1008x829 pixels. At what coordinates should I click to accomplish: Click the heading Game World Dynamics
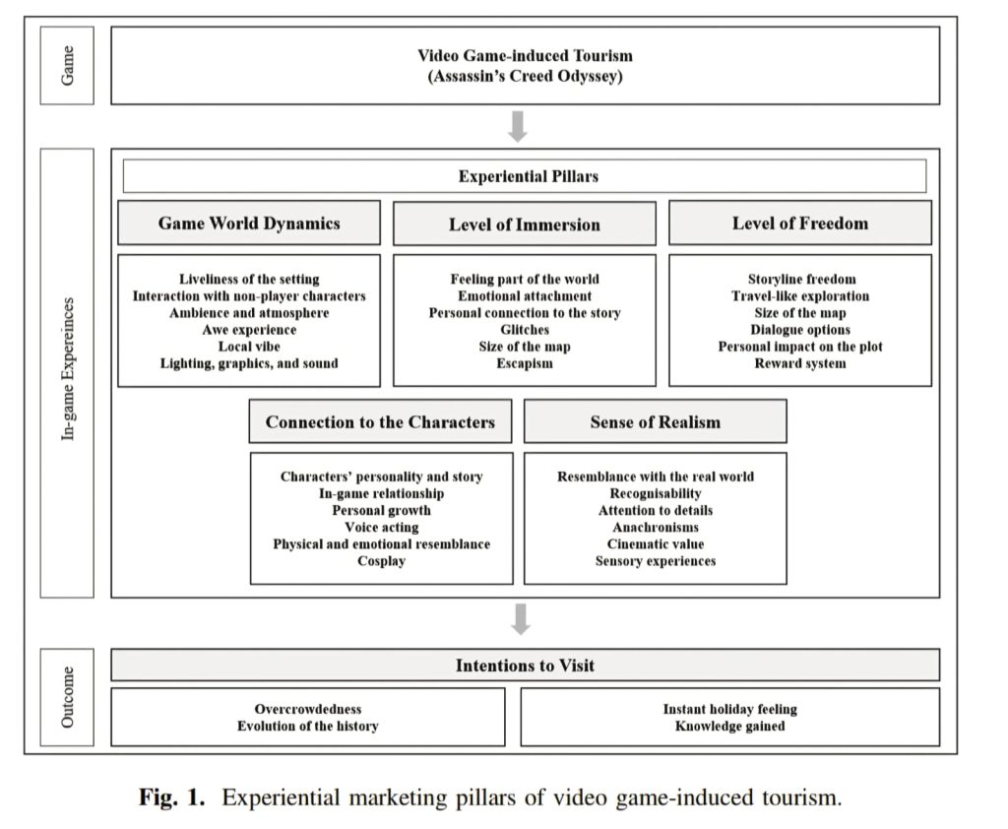pyautogui.click(x=249, y=223)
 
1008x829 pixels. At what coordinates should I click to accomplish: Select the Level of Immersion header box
pyautogui.click(x=524, y=224)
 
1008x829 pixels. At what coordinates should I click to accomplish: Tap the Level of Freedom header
pyautogui.click(x=799, y=223)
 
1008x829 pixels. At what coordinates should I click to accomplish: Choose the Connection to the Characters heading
pyautogui.click(x=380, y=422)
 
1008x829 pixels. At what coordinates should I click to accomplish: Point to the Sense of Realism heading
pyautogui.click(x=655, y=422)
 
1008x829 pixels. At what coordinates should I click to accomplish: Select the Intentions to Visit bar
pyautogui.click(x=525, y=666)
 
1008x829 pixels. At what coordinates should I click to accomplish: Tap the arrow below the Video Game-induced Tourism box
pyautogui.click(x=519, y=126)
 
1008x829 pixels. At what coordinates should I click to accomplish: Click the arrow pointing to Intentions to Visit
pyautogui.click(x=522, y=618)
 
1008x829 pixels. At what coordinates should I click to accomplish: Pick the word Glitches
pyautogui.click(x=524, y=330)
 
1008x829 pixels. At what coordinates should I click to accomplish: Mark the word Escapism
pyautogui.click(x=524, y=363)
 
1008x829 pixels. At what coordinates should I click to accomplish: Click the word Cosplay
pyautogui.click(x=381, y=561)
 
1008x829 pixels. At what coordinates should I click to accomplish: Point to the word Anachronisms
pyautogui.click(x=655, y=528)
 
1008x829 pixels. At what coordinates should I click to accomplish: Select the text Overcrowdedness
pyautogui.click(x=307, y=709)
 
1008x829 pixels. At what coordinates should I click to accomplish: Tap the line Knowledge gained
pyautogui.click(x=729, y=727)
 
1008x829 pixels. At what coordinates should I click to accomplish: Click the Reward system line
pyautogui.click(x=799, y=363)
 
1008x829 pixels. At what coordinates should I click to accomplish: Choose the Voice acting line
pyautogui.click(x=381, y=528)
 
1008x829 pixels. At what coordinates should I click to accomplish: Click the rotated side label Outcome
pyautogui.click(x=67, y=698)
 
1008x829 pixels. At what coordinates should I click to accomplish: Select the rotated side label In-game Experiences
pyautogui.click(x=67, y=372)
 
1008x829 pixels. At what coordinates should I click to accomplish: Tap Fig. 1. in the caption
pyautogui.click(x=171, y=797)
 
